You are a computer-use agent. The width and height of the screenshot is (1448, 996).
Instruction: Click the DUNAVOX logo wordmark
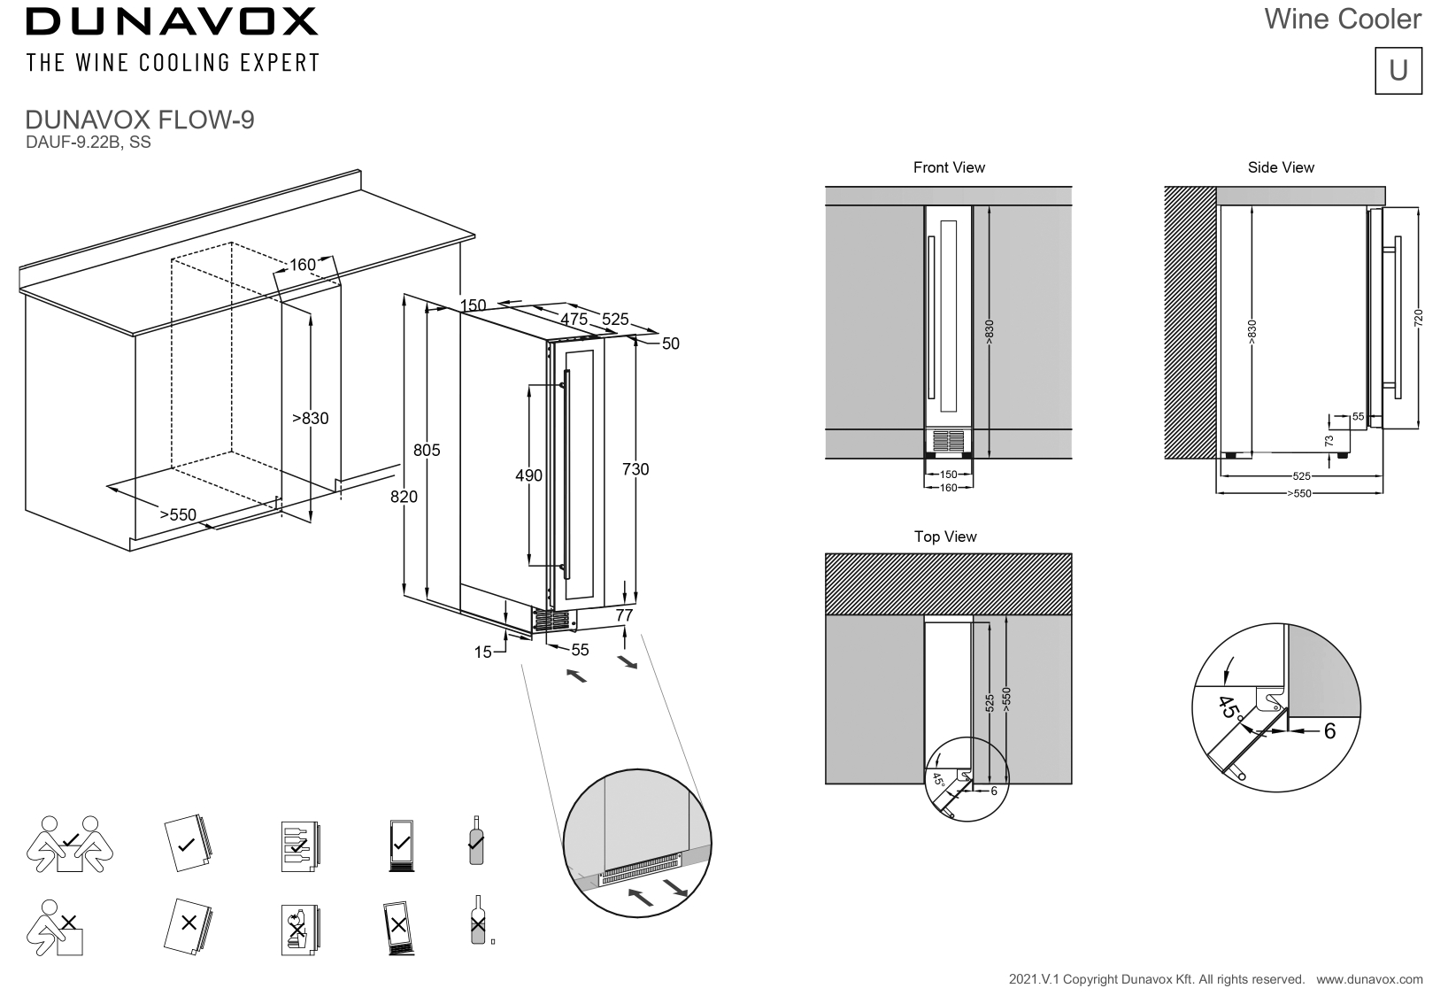click(172, 21)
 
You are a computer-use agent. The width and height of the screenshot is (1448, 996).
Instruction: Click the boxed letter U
click(1398, 71)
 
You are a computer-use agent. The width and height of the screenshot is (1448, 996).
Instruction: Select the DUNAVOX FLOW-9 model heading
click(141, 120)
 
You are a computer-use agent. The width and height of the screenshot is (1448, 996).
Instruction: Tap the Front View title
click(949, 167)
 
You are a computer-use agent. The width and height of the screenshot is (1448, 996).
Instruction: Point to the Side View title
click(1280, 167)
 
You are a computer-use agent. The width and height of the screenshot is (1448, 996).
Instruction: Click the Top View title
click(945, 537)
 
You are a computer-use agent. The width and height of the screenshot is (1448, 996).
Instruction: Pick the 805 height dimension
click(427, 451)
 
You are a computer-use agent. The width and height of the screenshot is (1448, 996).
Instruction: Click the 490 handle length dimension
click(528, 476)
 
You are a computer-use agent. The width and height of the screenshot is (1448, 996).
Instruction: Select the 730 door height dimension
click(635, 469)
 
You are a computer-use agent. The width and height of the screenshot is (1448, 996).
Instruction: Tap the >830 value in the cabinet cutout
click(310, 419)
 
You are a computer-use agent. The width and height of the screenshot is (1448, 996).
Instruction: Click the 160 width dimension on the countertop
click(303, 265)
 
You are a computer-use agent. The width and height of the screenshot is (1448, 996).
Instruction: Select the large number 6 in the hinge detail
click(1329, 732)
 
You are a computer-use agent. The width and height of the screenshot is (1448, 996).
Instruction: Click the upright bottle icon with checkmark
click(476, 841)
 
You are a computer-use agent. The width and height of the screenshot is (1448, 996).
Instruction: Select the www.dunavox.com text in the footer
click(1369, 979)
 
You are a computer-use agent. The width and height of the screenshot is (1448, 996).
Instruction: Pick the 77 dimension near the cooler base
click(624, 614)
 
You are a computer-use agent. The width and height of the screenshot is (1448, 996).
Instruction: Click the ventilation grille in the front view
click(948, 440)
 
